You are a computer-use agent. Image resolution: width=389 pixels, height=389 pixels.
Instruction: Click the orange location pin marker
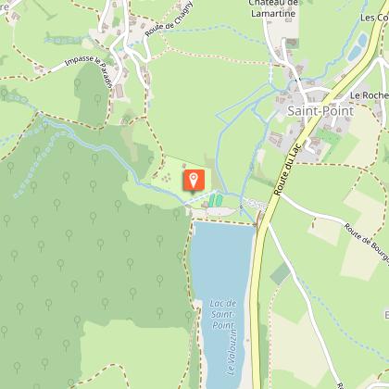click(x=194, y=179)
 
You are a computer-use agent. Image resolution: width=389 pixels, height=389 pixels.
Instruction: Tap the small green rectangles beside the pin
click(x=216, y=200)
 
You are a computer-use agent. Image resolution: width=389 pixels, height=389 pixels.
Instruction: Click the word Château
click(x=246, y=2)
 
